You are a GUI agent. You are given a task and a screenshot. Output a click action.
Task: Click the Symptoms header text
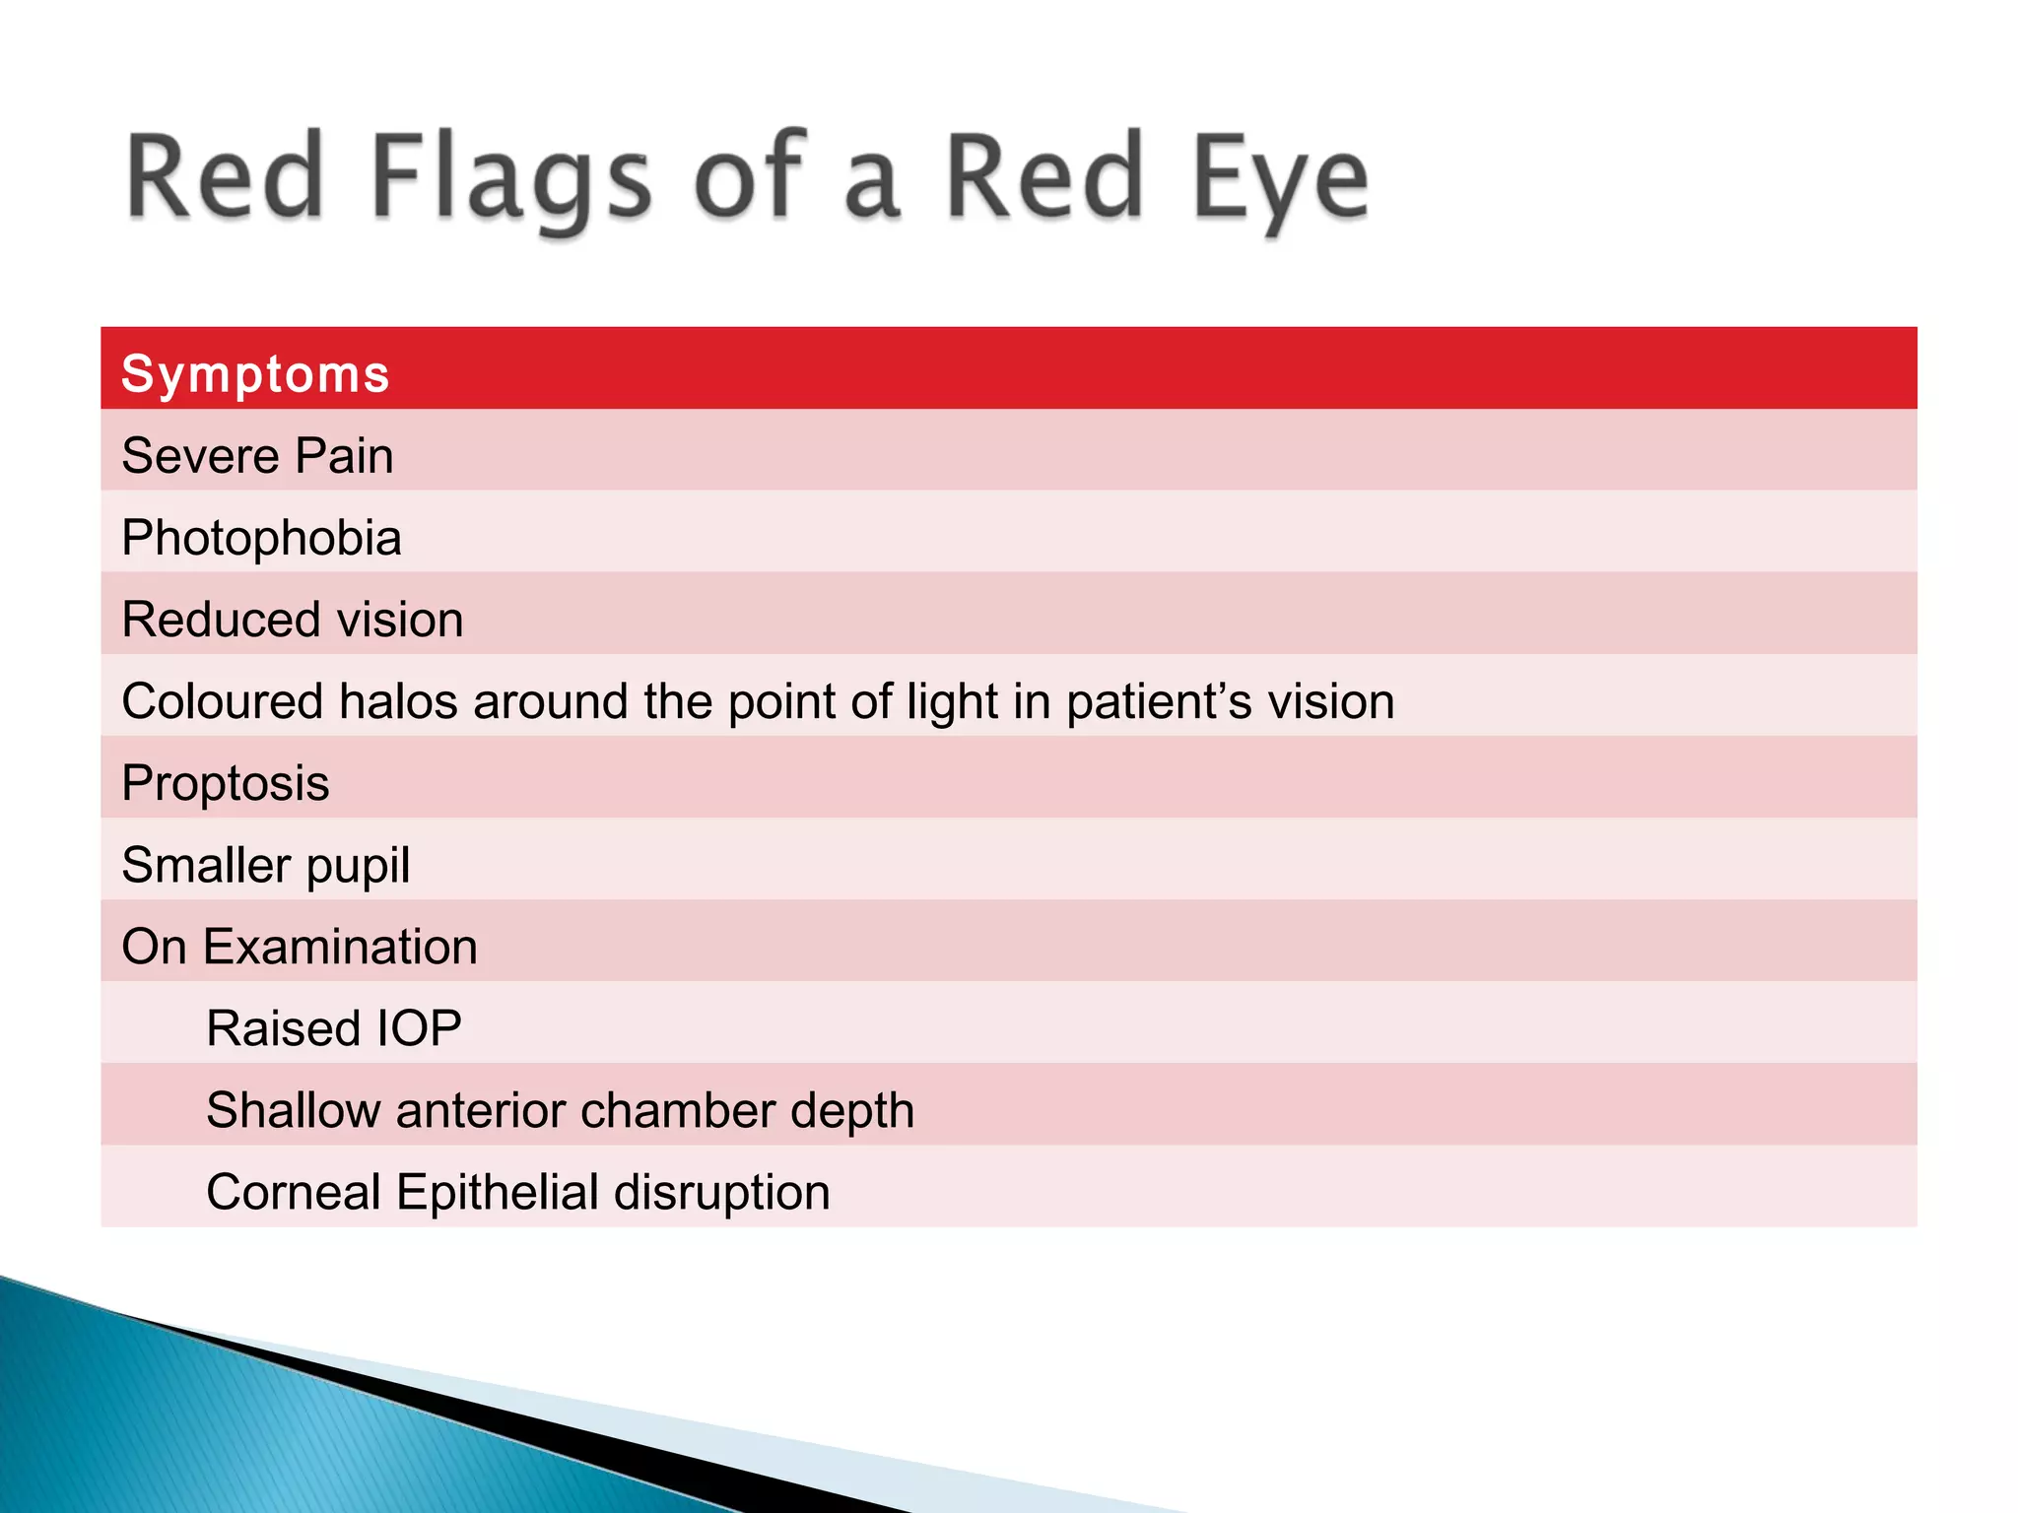255,374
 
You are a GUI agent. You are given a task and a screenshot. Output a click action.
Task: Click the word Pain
344,456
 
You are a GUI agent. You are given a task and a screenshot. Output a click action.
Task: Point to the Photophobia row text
261,539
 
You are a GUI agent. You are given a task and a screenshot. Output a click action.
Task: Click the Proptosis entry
225,784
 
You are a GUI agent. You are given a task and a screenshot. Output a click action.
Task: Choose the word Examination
340,947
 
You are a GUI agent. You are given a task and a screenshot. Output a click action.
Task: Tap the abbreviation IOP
405,1028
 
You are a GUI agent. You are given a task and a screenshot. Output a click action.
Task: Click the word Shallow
293,1110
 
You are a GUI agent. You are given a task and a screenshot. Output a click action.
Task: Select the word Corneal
293,1192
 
